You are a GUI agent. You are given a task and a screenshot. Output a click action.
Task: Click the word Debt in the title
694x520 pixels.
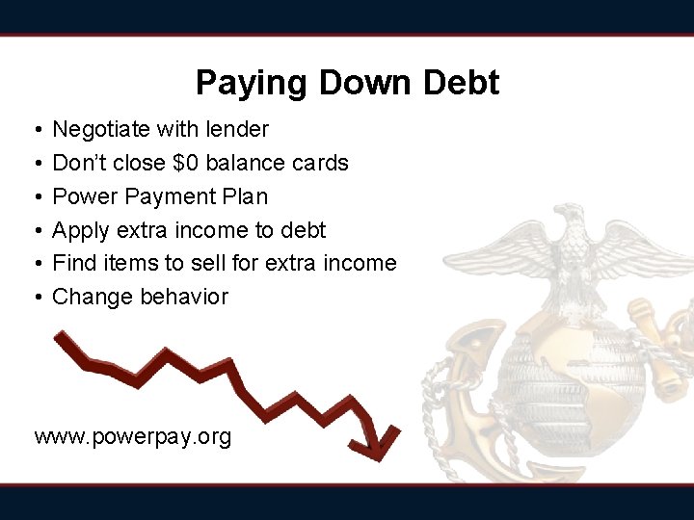pos(460,83)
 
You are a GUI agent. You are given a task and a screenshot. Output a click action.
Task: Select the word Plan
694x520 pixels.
pos(245,196)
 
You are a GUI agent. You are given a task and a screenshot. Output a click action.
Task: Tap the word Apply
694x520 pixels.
pos(81,231)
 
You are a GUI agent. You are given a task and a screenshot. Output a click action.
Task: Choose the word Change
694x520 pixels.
pos(93,297)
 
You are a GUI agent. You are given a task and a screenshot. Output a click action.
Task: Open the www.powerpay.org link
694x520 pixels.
pos(133,437)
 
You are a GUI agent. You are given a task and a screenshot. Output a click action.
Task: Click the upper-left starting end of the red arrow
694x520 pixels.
pos(62,336)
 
